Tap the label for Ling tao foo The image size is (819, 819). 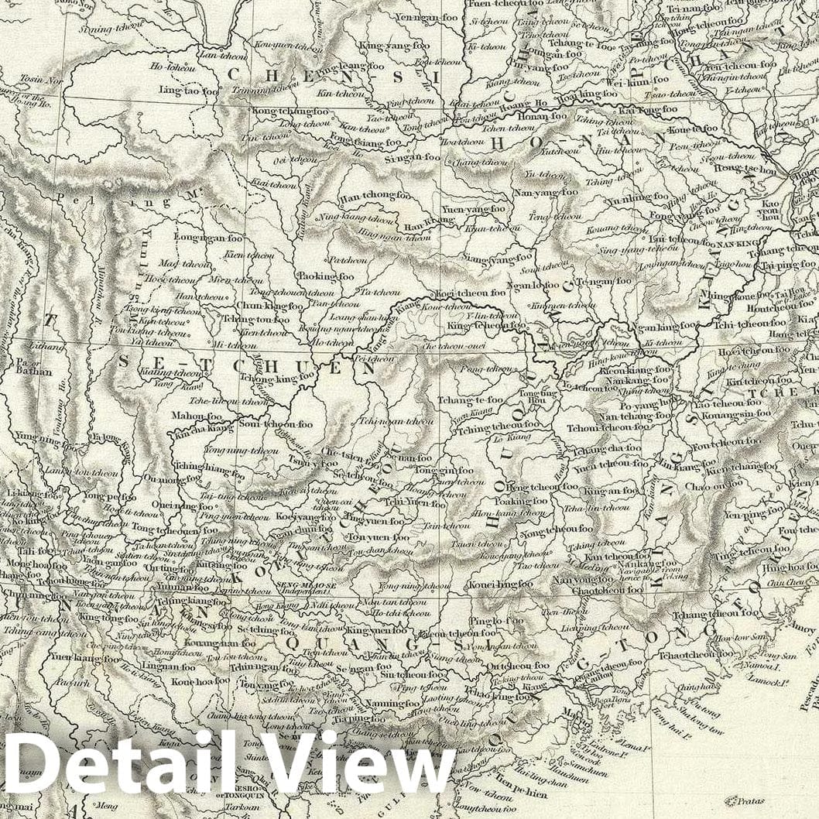(x=190, y=91)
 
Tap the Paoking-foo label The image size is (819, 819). (x=325, y=276)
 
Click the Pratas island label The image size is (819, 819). (x=744, y=800)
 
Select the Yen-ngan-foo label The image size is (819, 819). (x=427, y=16)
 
